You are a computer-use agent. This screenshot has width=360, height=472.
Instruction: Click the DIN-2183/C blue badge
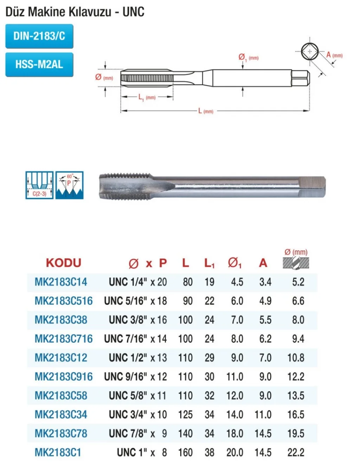[39, 36]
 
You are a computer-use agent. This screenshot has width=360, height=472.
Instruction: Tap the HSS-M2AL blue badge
[39, 64]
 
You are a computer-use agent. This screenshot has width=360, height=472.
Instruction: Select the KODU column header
[63, 263]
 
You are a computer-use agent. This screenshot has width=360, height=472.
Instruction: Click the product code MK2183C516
[64, 301]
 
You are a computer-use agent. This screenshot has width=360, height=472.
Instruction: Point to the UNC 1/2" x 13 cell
[138, 358]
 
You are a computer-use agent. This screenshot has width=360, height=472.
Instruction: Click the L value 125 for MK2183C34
[185, 415]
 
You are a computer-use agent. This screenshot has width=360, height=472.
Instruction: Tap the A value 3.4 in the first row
[265, 282]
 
